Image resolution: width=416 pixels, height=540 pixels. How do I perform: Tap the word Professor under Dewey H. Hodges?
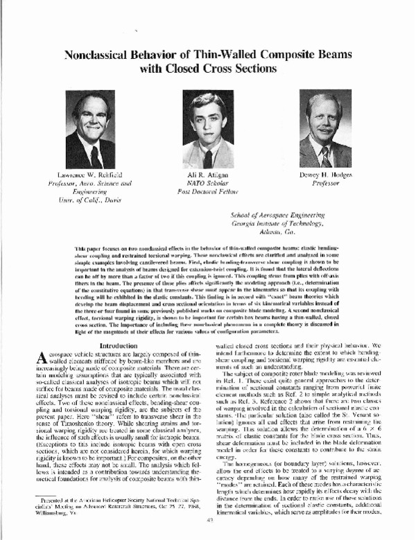click(x=323, y=186)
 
